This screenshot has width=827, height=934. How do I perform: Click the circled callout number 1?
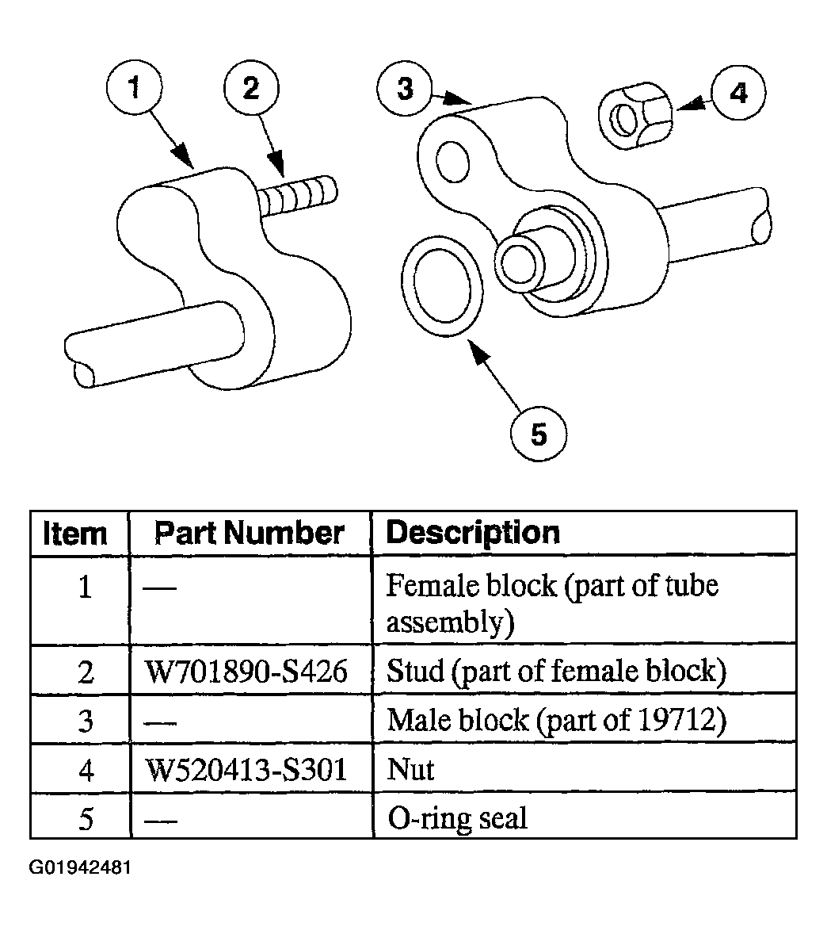coord(134,87)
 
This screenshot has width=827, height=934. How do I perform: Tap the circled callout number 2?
coord(251,88)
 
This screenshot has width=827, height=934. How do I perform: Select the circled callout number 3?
coord(405,88)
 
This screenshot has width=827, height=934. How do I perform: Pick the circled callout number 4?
coord(738,93)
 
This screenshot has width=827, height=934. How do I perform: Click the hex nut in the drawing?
coord(635,116)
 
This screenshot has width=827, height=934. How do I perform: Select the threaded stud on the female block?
coord(298,196)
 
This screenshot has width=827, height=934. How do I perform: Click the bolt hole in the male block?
coord(453,162)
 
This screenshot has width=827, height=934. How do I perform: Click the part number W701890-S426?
coord(246,672)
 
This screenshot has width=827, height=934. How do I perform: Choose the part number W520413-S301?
coord(246,769)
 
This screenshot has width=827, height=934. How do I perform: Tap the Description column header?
coord(473,533)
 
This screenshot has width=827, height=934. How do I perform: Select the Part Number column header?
coord(250,533)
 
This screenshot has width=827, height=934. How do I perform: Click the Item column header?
coord(75,533)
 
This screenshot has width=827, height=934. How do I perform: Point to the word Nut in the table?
coord(410,769)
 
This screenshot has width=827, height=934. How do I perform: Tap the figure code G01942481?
coord(80,867)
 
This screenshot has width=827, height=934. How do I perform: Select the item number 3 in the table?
coord(86,721)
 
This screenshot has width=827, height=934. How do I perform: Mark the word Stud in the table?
coord(415,671)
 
